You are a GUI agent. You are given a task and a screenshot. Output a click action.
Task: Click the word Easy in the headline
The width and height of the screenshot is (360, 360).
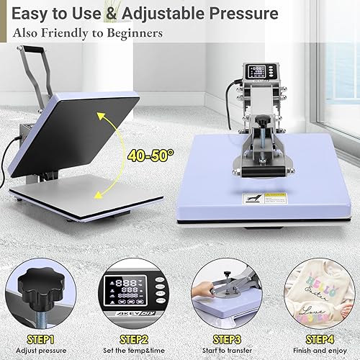30,14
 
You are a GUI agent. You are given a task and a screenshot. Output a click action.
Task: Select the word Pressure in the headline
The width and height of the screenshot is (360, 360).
221,14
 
